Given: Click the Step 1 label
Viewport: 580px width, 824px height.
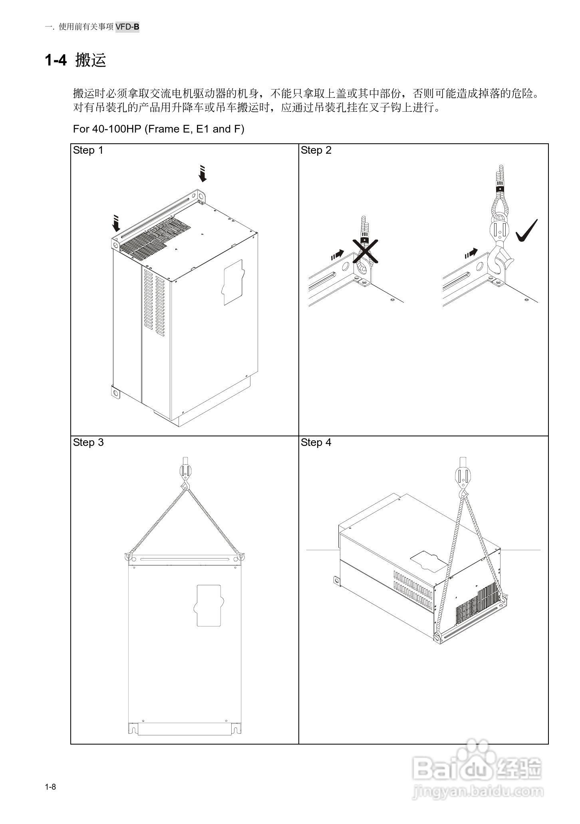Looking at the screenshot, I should point(88,151).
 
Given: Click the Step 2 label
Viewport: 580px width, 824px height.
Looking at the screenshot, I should point(316,151).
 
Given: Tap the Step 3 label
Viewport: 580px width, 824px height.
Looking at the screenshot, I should point(88,442).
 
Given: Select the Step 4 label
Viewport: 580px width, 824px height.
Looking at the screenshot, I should point(316,442).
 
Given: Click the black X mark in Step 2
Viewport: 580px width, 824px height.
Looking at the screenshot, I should point(365,252).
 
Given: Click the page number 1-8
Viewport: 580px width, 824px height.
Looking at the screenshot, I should point(50,787).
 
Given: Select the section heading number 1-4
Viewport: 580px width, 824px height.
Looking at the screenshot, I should point(56,60).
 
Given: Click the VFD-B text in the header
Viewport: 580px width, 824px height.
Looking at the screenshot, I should point(127,27).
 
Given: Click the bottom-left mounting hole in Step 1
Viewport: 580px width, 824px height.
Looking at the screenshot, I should point(115,393).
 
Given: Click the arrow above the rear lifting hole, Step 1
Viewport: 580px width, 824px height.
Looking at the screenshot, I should point(203,173).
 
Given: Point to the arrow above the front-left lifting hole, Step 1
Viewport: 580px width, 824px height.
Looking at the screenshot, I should point(116,224).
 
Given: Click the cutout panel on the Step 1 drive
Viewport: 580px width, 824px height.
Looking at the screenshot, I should point(232,282).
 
